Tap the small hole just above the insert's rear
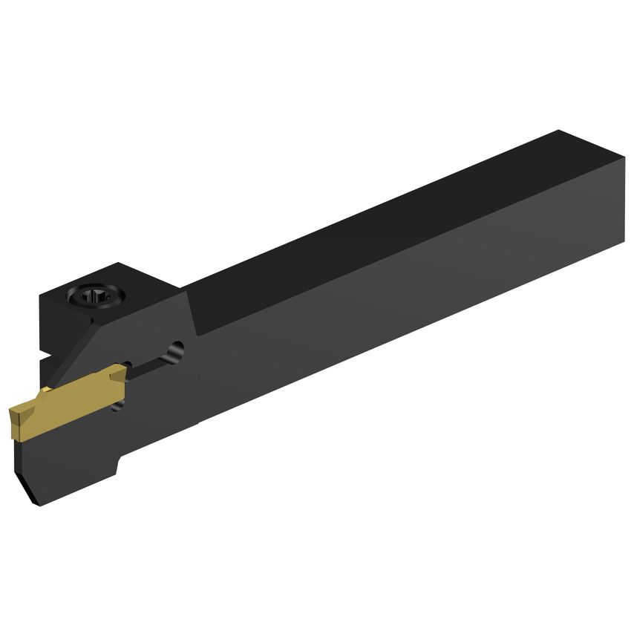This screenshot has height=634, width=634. click(128, 365)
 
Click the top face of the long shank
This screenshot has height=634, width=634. click(371, 223)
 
